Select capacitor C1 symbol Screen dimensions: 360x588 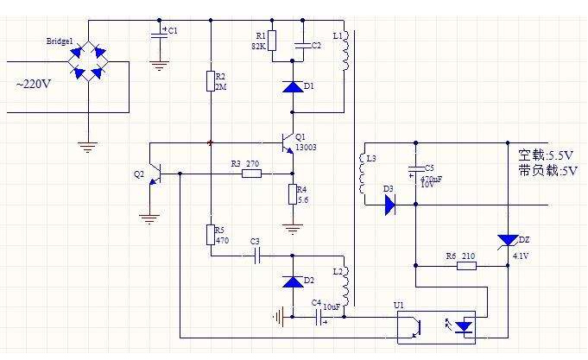click(x=159, y=33)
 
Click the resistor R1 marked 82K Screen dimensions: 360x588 click(x=272, y=41)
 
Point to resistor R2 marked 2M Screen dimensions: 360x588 click(x=210, y=81)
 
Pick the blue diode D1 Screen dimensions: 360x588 click(x=293, y=87)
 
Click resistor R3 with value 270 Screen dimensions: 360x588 click(x=251, y=174)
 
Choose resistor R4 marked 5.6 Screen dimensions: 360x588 click(x=293, y=194)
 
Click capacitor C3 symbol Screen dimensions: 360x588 click(x=255, y=256)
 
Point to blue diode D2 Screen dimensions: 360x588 click(x=293, y=282)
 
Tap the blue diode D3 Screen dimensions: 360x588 click(x=389, y=205)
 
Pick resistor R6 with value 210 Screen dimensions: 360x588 click(x=466, y=267)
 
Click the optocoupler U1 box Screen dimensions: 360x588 click(x=441, y=326)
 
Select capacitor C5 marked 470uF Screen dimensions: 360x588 click(x=416, y=168)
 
